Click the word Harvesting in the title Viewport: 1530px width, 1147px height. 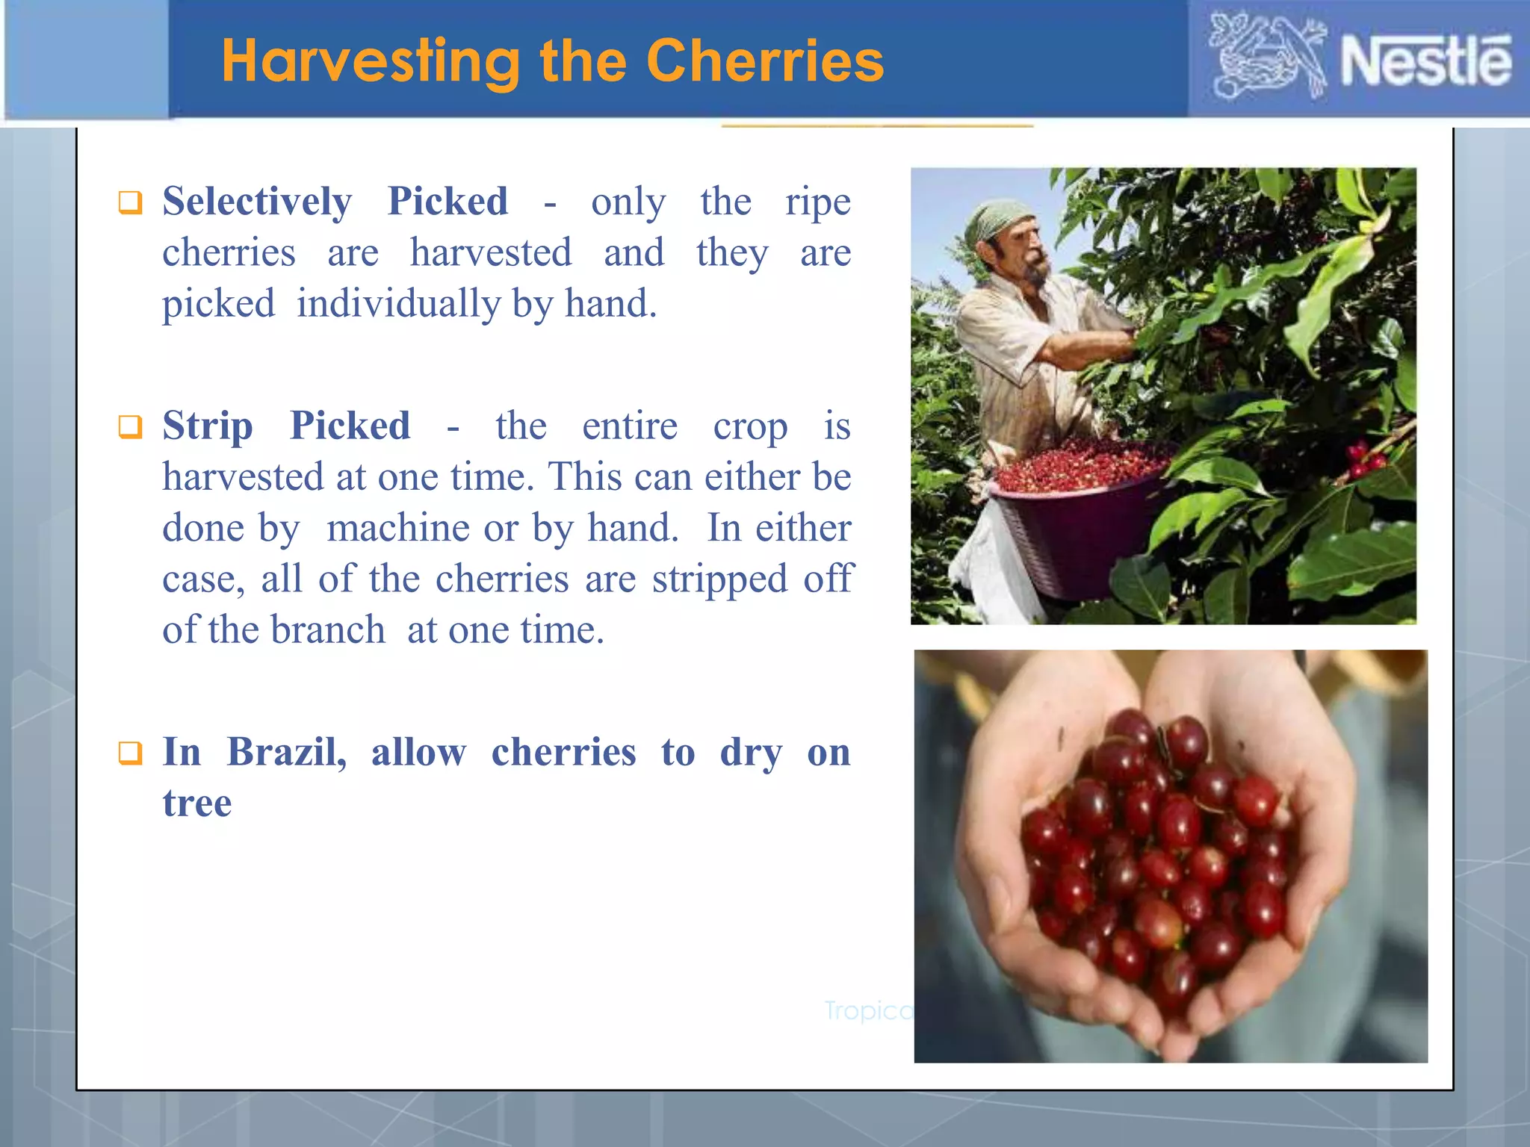tap(371, 61)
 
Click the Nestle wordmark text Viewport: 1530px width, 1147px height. tap(1425, 61)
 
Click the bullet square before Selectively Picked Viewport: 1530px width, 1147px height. tap(130, 202)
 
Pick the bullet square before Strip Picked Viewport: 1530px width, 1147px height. tap(130, 427)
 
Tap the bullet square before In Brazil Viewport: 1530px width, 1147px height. tap(130, 753)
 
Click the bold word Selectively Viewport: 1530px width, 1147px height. tap(257, 202)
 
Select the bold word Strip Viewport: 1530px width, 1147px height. tap(207, 426)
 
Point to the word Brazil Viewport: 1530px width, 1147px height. tap(287, 751)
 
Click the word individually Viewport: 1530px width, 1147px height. tap(398, 304)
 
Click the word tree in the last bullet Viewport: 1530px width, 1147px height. tap(197, 803)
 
